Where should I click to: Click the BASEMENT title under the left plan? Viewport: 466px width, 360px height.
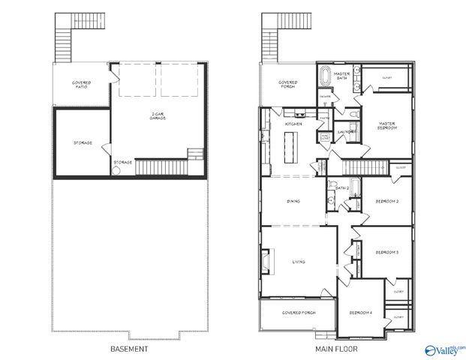[129, 349]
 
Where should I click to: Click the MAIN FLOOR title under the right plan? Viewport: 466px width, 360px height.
[335, 349]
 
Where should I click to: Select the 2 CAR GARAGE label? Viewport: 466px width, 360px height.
[158, 116]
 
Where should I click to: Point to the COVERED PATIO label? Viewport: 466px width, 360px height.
[82, 84]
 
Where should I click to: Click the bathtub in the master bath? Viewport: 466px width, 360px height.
[325, 79]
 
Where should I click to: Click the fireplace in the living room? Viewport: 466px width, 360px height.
[265, 260]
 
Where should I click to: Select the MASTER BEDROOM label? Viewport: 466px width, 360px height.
[387, 125]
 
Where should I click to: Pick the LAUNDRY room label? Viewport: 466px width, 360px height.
[346, 132]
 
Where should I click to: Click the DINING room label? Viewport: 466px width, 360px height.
[295, 201]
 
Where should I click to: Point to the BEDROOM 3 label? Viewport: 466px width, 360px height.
[387, 253]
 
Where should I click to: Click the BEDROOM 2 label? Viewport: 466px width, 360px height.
[387, 201]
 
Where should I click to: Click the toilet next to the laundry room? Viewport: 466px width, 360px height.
[352, 115]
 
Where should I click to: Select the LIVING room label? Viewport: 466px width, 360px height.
[299, 262]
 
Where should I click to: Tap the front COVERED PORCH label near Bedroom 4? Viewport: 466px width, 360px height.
[299, 311]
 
